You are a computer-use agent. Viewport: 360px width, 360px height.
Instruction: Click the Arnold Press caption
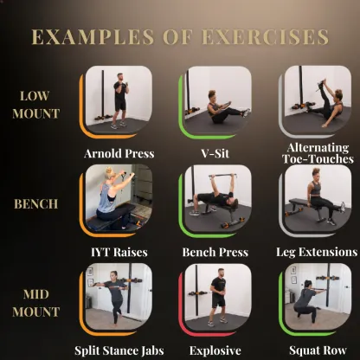tap(119, 154)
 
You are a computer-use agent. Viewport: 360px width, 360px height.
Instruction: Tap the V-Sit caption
tap(217, 154)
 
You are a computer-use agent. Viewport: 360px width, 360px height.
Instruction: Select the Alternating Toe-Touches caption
tap(317, 153)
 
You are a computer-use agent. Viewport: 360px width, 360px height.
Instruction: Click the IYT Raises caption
tap(119, 253)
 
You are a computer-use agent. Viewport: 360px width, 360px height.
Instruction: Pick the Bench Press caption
tap(215, 253)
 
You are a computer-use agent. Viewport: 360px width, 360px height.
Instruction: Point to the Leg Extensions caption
tap(317, 253)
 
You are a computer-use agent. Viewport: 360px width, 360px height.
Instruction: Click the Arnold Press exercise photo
tap(119, 100)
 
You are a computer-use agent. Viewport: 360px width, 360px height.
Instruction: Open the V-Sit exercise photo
tap(217, 100)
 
